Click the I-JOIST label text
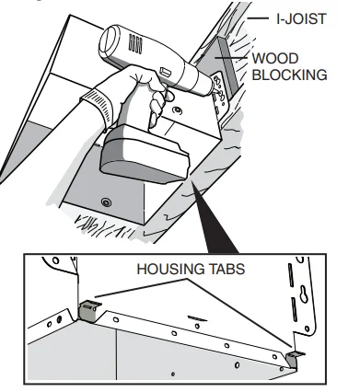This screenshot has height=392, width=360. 301,18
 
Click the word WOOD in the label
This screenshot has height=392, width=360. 275,58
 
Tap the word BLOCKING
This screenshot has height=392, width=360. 289,75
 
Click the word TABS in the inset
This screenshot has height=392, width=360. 227,269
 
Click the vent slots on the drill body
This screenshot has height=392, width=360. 135,44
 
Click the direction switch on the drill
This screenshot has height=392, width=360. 166,73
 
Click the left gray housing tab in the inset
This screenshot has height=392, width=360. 89,310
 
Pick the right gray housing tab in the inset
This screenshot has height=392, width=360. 294,359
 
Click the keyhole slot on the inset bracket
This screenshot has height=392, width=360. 304,294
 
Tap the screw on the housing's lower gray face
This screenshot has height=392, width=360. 106,202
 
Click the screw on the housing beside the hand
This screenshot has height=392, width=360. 178,110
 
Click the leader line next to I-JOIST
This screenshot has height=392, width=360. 257,18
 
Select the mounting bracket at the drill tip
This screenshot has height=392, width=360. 221,95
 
